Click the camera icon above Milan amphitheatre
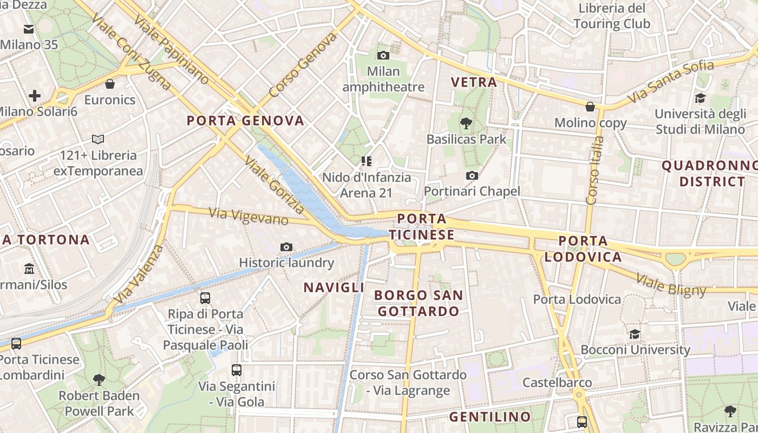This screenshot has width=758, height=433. [x=383, y=55]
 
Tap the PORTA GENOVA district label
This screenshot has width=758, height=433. [x=245, y=121]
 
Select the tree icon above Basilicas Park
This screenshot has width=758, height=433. [x=466, y=123]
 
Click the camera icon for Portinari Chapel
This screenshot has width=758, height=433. [x=472, y=175]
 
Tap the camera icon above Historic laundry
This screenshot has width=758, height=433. [x=286, y=247]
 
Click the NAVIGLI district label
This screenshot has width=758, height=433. [x=334, y=287]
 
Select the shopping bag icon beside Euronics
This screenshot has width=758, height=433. [x=110, y=84]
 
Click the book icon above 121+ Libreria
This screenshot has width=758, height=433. [x=98, y=140]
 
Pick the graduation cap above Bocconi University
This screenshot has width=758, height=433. [x=635, y=334]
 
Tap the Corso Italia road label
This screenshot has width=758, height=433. [x=595, y=170]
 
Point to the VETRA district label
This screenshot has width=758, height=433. [x=474, y=82]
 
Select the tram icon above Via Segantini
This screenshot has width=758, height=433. [x=237, y=370]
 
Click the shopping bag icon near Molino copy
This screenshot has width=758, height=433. [x=590, y=107]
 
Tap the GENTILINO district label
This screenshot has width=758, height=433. [x=490, y=417]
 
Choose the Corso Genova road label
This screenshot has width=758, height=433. [x=303, y=64]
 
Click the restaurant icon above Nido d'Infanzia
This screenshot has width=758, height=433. [x=367, y=161]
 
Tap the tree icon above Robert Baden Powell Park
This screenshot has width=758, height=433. [x=99, y=379]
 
